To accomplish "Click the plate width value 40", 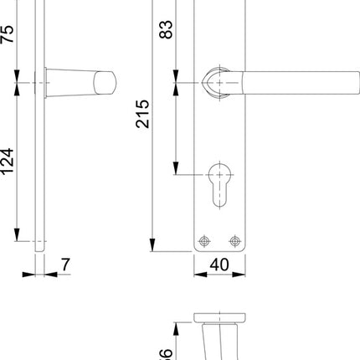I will tap(219, 265).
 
